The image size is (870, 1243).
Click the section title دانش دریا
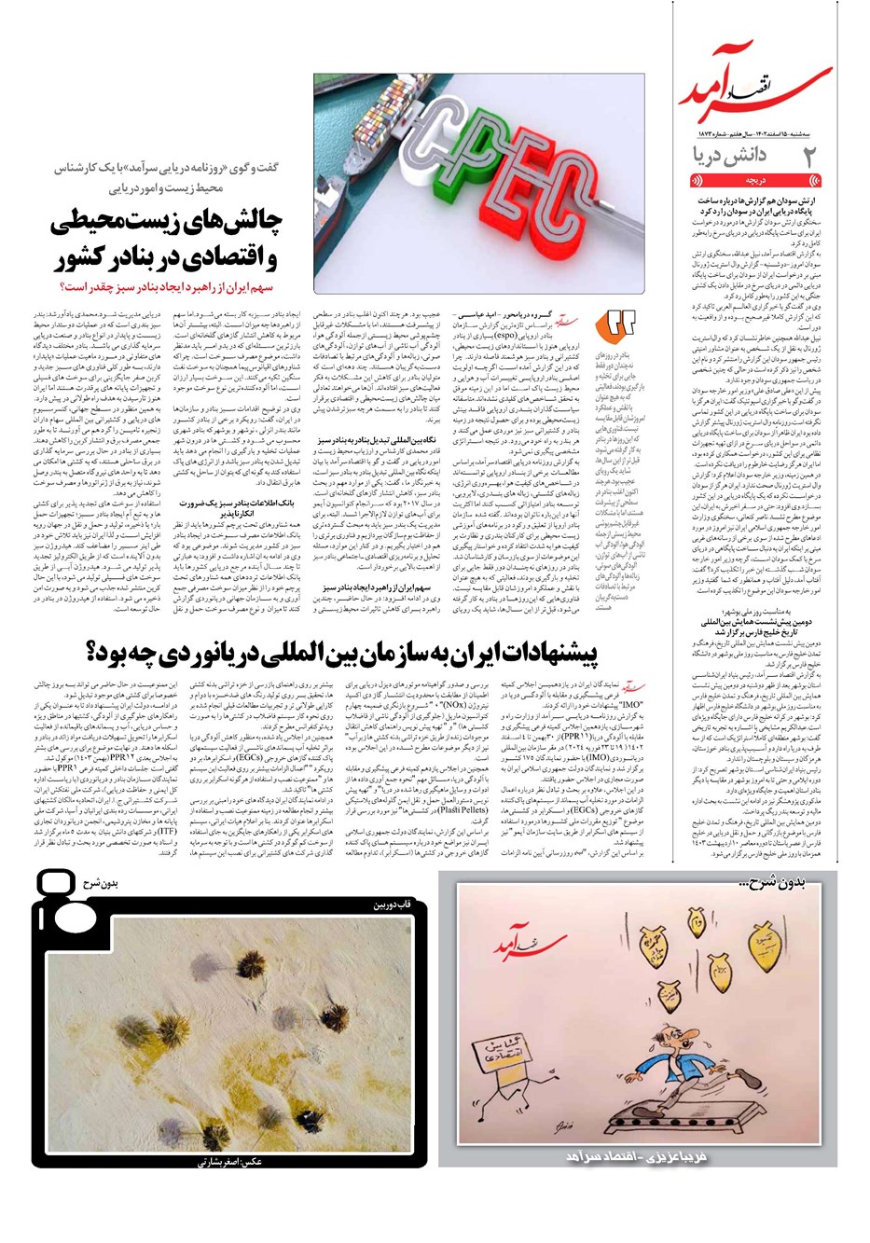(729, 155)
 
